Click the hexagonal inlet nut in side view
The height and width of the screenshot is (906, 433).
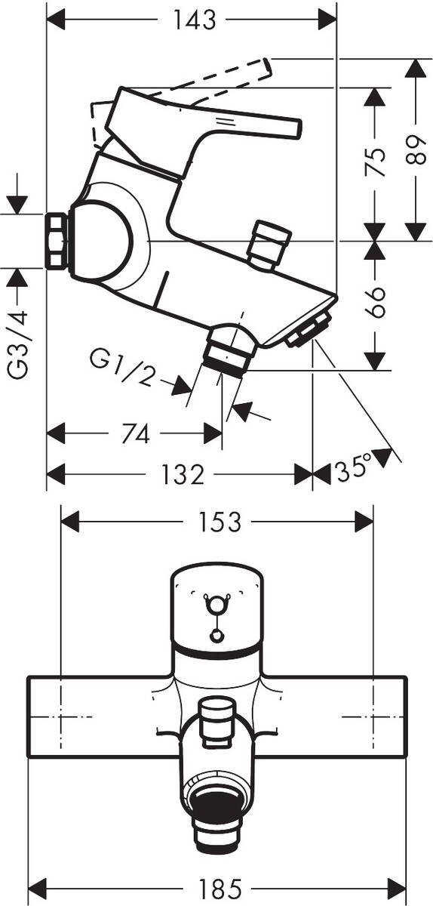[x=57, y=241]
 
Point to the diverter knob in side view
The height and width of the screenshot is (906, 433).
[x=269, y=244]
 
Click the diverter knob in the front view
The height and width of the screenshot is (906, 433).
[x=216, y=713]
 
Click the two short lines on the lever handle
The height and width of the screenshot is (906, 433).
[x=224, y=121]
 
